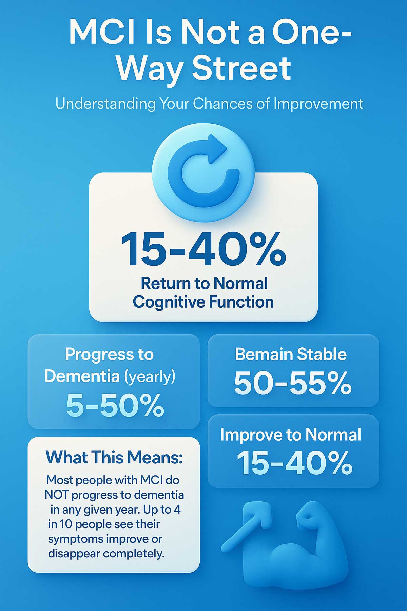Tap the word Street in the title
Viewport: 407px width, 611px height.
(241, 68)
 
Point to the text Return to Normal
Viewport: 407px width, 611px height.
(205, 283)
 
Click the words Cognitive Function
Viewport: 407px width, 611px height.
(203, 302)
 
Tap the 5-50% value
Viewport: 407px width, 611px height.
(115, 406)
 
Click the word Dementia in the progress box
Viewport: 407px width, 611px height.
(82, 376)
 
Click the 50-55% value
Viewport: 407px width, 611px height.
(293, 383)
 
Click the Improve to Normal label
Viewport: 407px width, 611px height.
(291, 435)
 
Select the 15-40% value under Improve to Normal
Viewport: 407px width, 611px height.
(294, 463)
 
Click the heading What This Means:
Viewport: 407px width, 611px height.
(114, 457)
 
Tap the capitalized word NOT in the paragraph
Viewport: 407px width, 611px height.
(56, 495)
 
